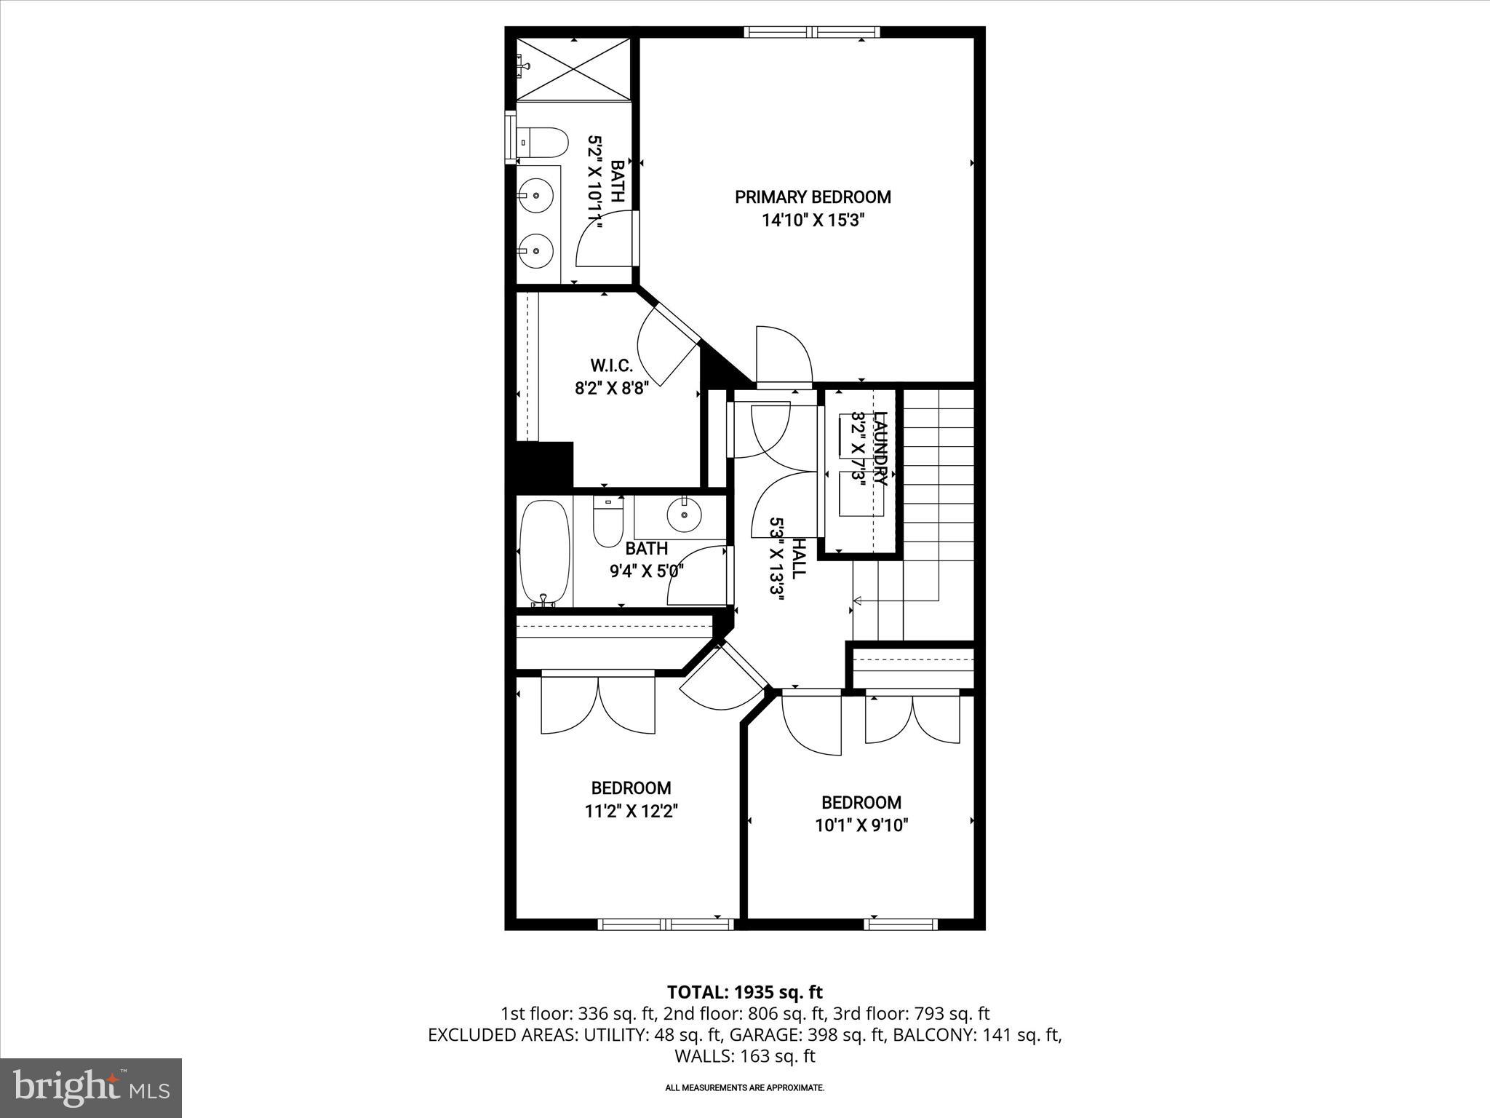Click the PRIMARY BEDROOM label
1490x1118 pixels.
[812, 197]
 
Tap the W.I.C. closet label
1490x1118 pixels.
[611, 365]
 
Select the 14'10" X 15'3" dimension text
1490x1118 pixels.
[812, 221]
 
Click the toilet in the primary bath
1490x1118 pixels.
[543, 143]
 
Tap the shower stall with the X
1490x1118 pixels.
[573, 69]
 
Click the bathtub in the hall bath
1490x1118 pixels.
[545, 551]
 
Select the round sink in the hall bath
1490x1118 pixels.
[684, 515]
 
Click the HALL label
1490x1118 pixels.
[798, 558]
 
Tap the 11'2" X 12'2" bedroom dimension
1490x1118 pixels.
[631, 811]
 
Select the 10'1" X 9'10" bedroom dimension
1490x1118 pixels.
[861, 825]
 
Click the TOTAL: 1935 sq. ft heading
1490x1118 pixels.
[744, 992]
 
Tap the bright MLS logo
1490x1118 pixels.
[91, 1088]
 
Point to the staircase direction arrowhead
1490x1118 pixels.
[857, 600]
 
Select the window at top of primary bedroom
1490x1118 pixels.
[812, 32]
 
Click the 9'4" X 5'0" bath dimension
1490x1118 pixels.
[647, 571]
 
